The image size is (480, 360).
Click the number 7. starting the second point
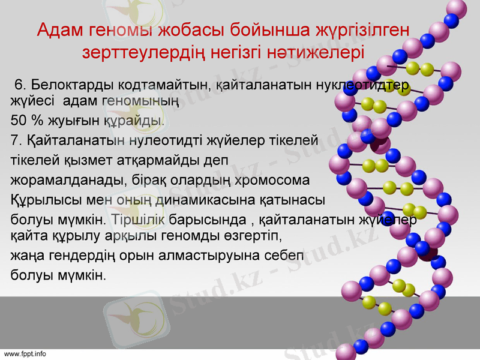pos(16,141)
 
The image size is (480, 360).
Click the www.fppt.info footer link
pos(25,354)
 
